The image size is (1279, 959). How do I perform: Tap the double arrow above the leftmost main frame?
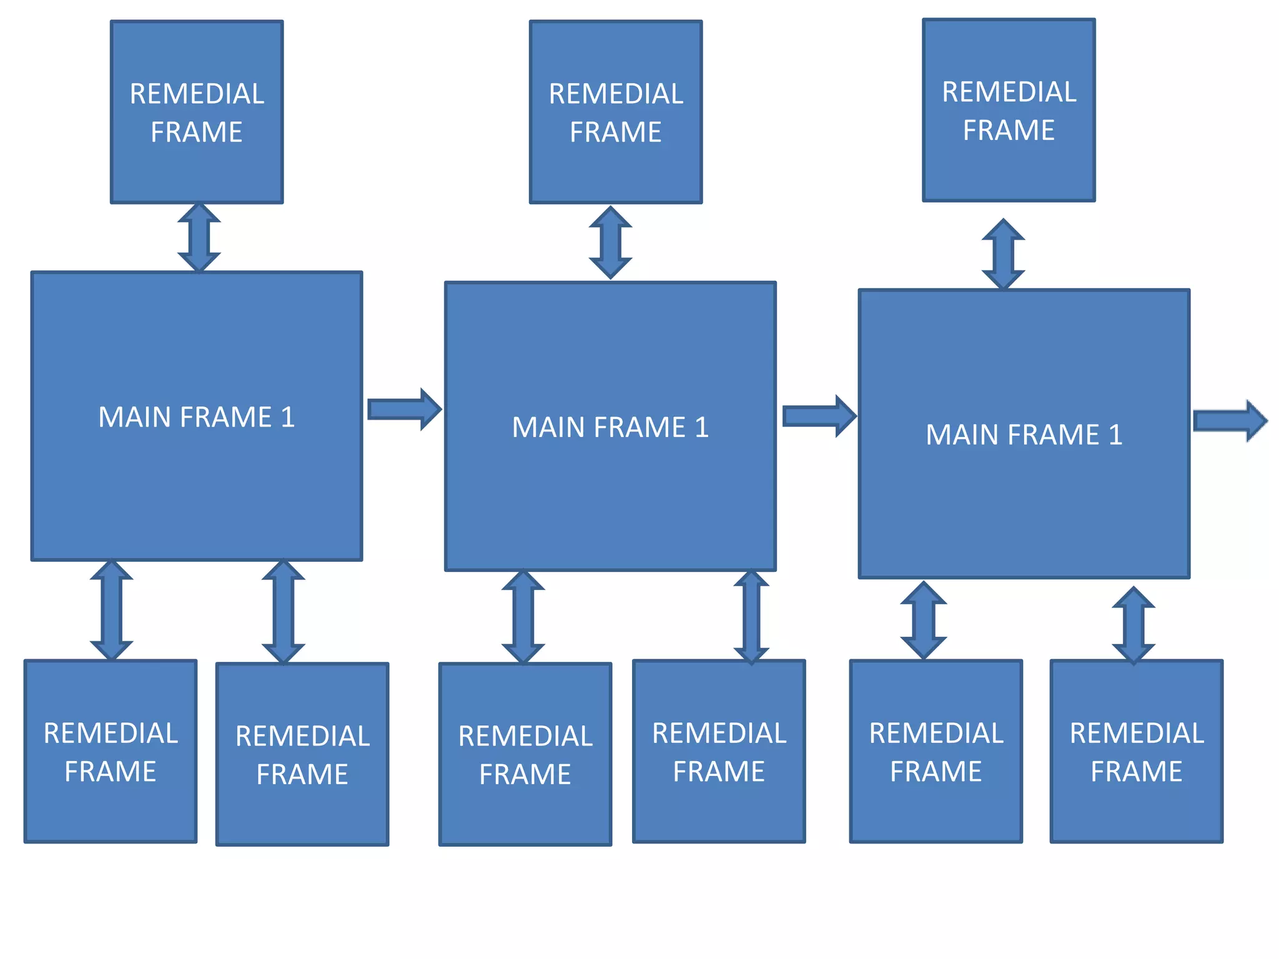point(199,237)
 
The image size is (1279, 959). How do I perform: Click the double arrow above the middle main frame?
point(610,242)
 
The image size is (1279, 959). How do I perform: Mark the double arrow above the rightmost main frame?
point(1003,254)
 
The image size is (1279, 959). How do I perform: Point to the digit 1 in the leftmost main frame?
point(287,417)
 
